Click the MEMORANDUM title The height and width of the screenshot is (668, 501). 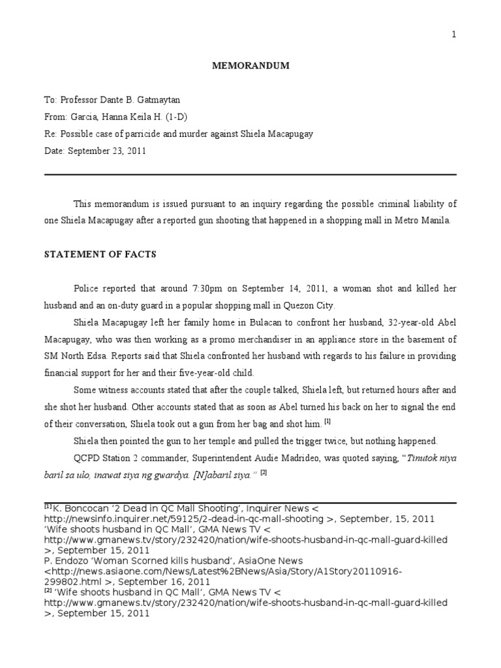coord(250,66)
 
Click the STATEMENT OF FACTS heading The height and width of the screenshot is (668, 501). coord(100,254)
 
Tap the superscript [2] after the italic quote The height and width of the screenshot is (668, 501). coord(263,473)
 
